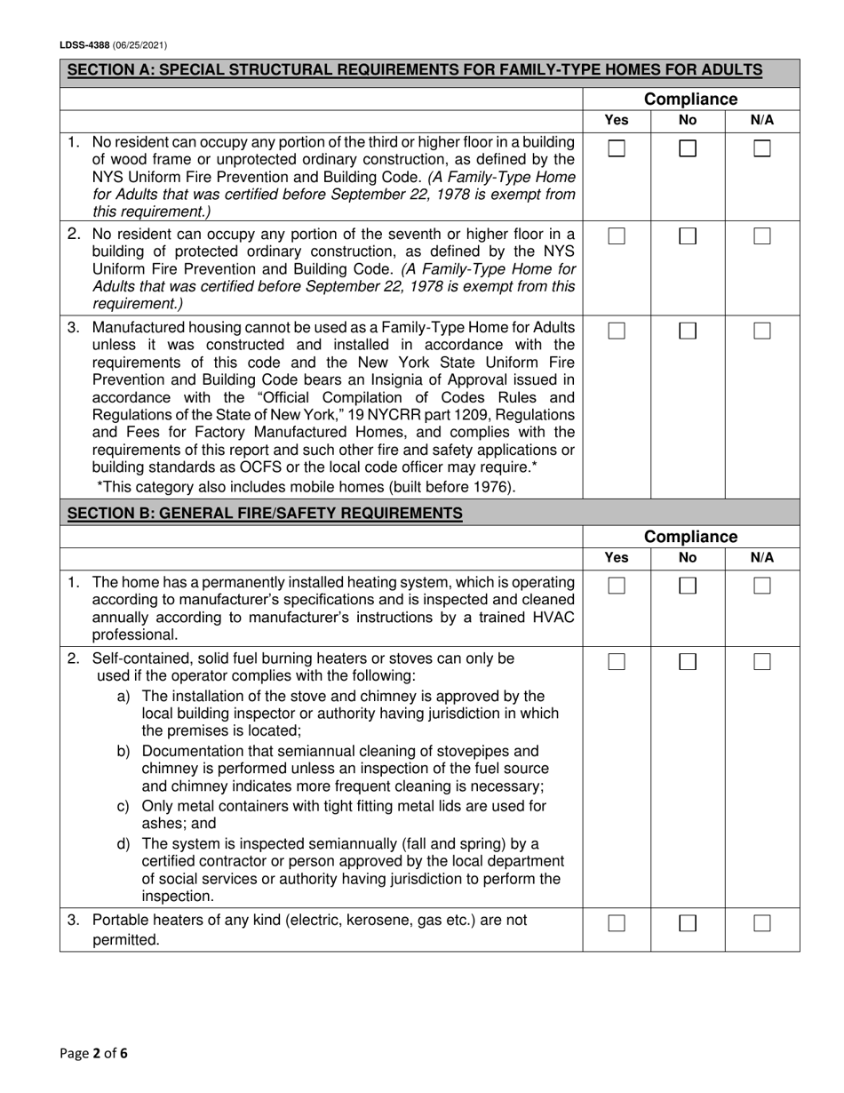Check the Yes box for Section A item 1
click(617, 149)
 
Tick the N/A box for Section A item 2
click(762, 236)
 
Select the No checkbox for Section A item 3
click(688, 331)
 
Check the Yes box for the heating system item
click(617, 586)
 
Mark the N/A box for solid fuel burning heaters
click(762, 662)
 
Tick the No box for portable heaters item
click(688, 923)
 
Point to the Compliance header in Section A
click(690, 99)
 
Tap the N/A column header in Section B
click(762, 558)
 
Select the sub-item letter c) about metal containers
click(123, 807)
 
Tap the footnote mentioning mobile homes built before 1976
click(306, 486)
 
